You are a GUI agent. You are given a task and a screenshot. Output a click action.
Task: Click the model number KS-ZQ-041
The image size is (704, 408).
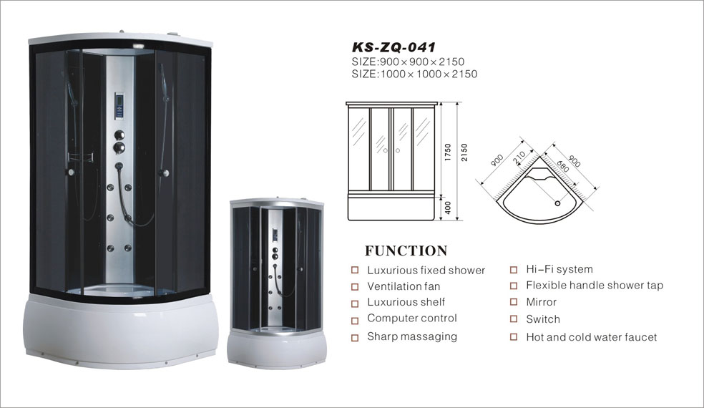click(393, 48)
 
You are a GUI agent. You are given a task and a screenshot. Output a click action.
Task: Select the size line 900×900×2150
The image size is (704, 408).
click(408, 62)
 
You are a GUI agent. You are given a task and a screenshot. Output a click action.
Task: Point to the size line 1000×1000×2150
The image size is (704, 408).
click(414, 74)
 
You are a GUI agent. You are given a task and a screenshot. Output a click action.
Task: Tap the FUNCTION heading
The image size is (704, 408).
click(406, 251)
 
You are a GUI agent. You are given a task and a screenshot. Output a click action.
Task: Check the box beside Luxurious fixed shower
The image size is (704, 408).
click(355, 271)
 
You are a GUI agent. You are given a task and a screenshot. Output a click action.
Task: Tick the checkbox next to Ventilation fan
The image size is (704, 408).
click(355, 287)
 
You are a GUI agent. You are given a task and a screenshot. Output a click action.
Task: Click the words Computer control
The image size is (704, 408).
click(411, 318)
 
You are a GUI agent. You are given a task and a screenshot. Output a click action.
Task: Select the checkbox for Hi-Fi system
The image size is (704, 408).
click(514, 270)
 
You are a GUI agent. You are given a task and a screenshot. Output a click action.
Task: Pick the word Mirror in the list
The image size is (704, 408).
click(541, 302)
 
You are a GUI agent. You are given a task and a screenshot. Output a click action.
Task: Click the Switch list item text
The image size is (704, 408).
click(543, 319)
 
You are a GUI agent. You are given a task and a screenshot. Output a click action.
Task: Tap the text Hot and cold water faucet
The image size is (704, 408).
click(591, 337)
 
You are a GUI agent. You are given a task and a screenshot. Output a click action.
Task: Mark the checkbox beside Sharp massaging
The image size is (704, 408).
click(355, 337)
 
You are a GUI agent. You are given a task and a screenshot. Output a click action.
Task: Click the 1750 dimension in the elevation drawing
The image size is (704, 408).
click(447, 152)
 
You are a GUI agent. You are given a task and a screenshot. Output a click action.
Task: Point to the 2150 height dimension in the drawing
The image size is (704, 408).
click(464, 152)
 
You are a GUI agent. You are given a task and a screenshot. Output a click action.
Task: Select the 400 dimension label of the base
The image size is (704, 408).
click(447, 208)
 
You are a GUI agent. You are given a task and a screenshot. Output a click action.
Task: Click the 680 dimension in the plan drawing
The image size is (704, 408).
click(562, 166)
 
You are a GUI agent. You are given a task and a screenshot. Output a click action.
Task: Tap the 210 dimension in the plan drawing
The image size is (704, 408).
click(519, 157)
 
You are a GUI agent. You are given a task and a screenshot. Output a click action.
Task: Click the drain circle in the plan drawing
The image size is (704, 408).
click(557, 203)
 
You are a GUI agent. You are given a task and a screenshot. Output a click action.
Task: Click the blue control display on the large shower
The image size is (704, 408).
click(119, 105)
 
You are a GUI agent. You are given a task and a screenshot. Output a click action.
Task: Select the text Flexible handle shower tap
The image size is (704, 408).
click(595, 286)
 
